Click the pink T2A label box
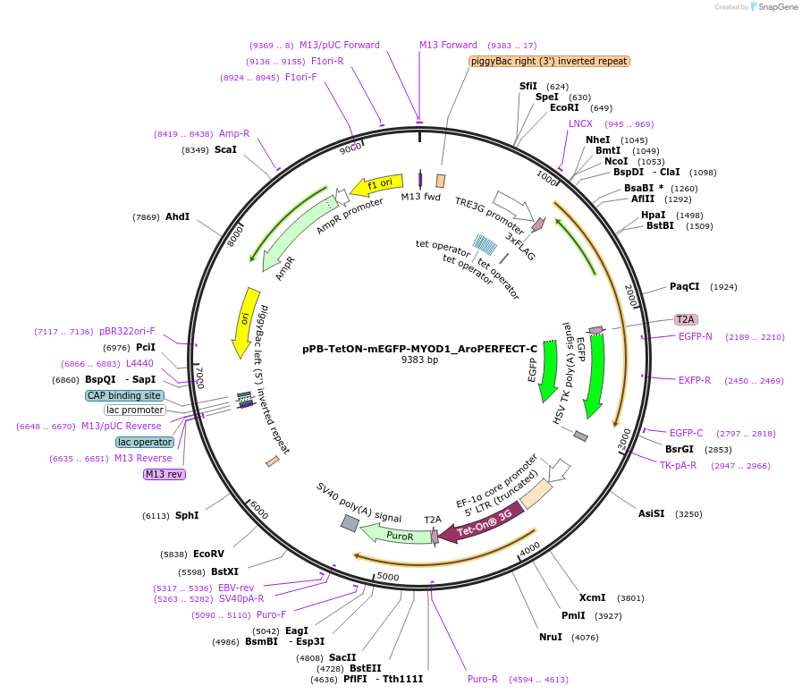click(x=686, y=319)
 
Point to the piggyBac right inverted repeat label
click(x=549, y=61)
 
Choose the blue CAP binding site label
click(x=125, y=395)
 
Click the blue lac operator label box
click(x=145, y=442)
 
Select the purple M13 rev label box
click(x=165, y=474)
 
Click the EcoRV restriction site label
click(x=208, y=554)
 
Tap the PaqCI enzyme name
click(x=684, y=286)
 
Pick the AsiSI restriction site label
click(x=651, y=513)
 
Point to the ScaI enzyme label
click(x=225, y=149)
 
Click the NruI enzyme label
click(x=550, y=637)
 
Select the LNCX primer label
click(x=580, y=123)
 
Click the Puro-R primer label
click(x=483, y=679)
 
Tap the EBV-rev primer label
click(x=236, y=588)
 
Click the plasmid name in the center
click(x=419, y=348)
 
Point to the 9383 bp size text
click(x=419, y=360)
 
